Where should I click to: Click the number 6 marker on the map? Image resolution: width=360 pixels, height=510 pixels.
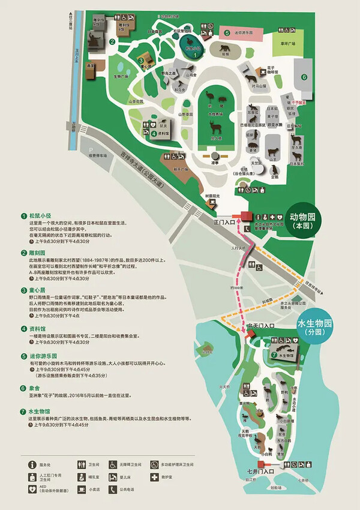tap(304, 77)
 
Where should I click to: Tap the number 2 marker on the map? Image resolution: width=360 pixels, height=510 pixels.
tap(112, 41)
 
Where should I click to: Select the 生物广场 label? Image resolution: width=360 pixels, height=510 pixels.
tap(122, 76)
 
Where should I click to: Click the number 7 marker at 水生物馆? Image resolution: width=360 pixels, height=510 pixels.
tap(274, 354)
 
